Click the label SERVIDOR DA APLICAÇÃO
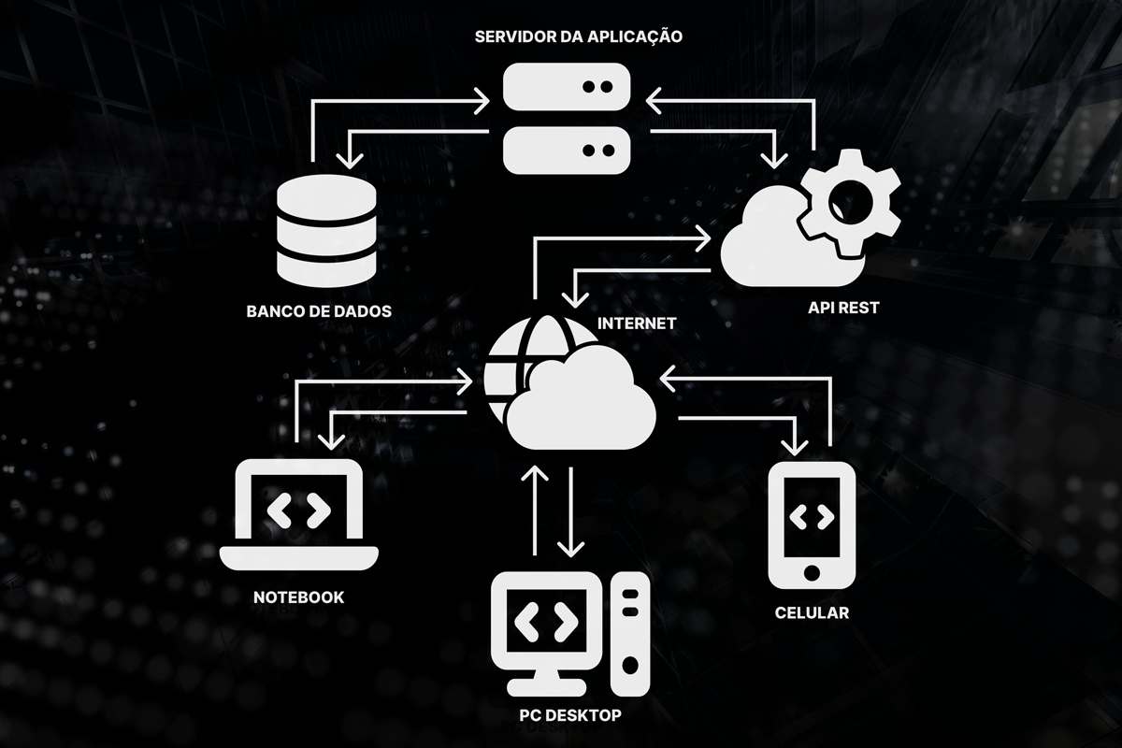click(579, 37)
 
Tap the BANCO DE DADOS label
click(319, 310)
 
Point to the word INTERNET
click(636, 324)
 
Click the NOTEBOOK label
click(298, 597)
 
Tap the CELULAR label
click(812, 612)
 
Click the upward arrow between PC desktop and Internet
click(535, 505)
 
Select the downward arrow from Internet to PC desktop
click(570, 510)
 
